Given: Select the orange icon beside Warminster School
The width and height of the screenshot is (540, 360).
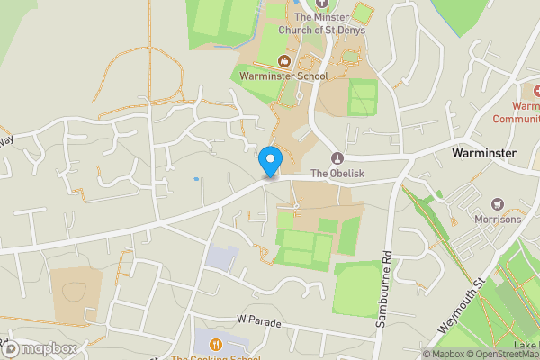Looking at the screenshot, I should click(284, 61).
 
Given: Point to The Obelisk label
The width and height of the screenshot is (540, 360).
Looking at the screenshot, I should click(338, 174).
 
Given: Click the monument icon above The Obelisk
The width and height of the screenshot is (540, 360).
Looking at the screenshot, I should click(338, 158).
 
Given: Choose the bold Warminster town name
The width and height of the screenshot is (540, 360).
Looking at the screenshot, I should click(483, 153).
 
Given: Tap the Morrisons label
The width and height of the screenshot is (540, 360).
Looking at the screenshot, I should click(498, 219).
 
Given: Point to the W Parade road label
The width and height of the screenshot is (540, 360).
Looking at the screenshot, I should click(260, 319).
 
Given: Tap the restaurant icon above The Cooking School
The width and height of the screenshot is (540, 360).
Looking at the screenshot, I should click(216, 344).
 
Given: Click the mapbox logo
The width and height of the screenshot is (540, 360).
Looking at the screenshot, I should click(40, 349).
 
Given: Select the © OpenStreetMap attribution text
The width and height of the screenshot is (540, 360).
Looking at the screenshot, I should click(508, 354).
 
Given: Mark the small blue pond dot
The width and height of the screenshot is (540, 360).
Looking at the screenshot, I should click(195, 178).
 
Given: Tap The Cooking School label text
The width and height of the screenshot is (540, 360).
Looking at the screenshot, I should click(215, 357).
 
